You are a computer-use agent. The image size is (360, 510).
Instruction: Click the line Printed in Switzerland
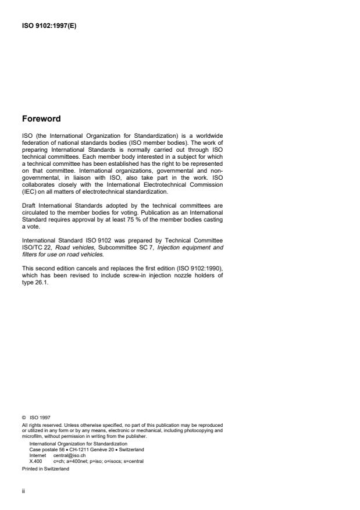[45, 468]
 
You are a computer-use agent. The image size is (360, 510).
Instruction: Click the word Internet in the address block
[38, 455]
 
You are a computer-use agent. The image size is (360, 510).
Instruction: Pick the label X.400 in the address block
[35, 461]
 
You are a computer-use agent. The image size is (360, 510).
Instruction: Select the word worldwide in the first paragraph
[208, 136]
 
